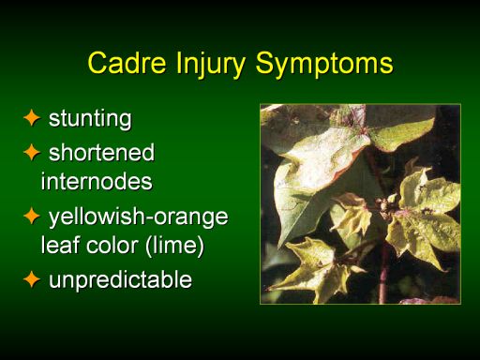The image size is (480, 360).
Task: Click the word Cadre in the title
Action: [127, 63]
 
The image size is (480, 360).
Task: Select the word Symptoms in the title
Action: [324, 65]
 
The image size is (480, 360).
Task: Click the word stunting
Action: [90, 119]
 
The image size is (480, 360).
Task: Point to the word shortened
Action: [101, 152]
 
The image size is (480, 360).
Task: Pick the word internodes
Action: [97, 181]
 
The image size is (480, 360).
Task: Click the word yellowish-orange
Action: [139, 217]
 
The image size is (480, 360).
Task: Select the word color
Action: [112, 245]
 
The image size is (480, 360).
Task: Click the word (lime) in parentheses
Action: [174, 246]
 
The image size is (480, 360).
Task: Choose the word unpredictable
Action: [120, 279]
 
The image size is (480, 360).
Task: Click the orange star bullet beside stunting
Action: [32, 118]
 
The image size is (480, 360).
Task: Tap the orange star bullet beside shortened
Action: [32, 152]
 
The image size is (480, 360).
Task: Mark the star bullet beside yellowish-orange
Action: [32, 217]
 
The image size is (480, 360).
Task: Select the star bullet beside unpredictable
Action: [32, 279]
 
